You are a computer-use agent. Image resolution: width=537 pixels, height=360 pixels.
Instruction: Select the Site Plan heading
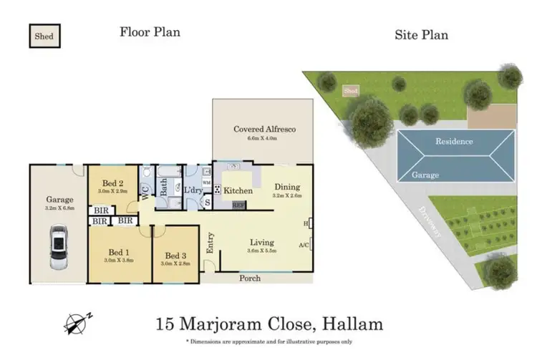click(x=422, y=34)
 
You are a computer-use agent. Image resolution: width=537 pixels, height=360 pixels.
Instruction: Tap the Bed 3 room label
click(x=175, y=256)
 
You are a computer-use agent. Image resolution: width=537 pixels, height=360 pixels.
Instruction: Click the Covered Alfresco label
click(x=264, y=130)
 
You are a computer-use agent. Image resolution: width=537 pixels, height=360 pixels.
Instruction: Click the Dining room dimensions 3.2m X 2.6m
click(x=288, y=195)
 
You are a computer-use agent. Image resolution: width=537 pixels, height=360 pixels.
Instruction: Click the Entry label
click(x=210, y=243)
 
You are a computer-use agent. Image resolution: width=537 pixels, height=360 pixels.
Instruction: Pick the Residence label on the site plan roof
click(x=454, y=141)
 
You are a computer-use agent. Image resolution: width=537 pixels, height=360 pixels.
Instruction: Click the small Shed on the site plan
click(x=351, y=92)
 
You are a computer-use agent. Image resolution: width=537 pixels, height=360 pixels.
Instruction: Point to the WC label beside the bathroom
click(x=147, y=193)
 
